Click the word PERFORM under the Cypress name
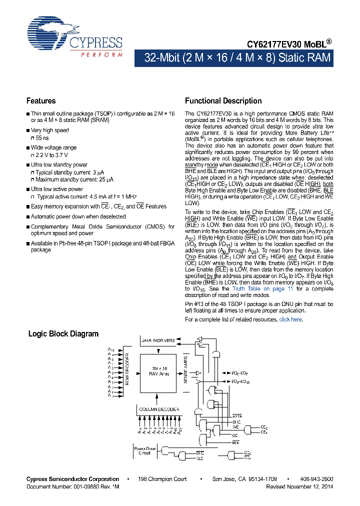tap(101, 54)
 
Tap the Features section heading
tap(41, 101)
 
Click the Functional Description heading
tap(223, 101)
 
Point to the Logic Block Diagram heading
tap(63, 334)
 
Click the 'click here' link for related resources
tap(290, 319)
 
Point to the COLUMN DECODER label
tap(159, 409)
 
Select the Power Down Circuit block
tap(144, 451)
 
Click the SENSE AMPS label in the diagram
tap(185, 372)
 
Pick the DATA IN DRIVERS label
tap(158, 340)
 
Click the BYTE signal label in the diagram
tap(237, 416)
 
